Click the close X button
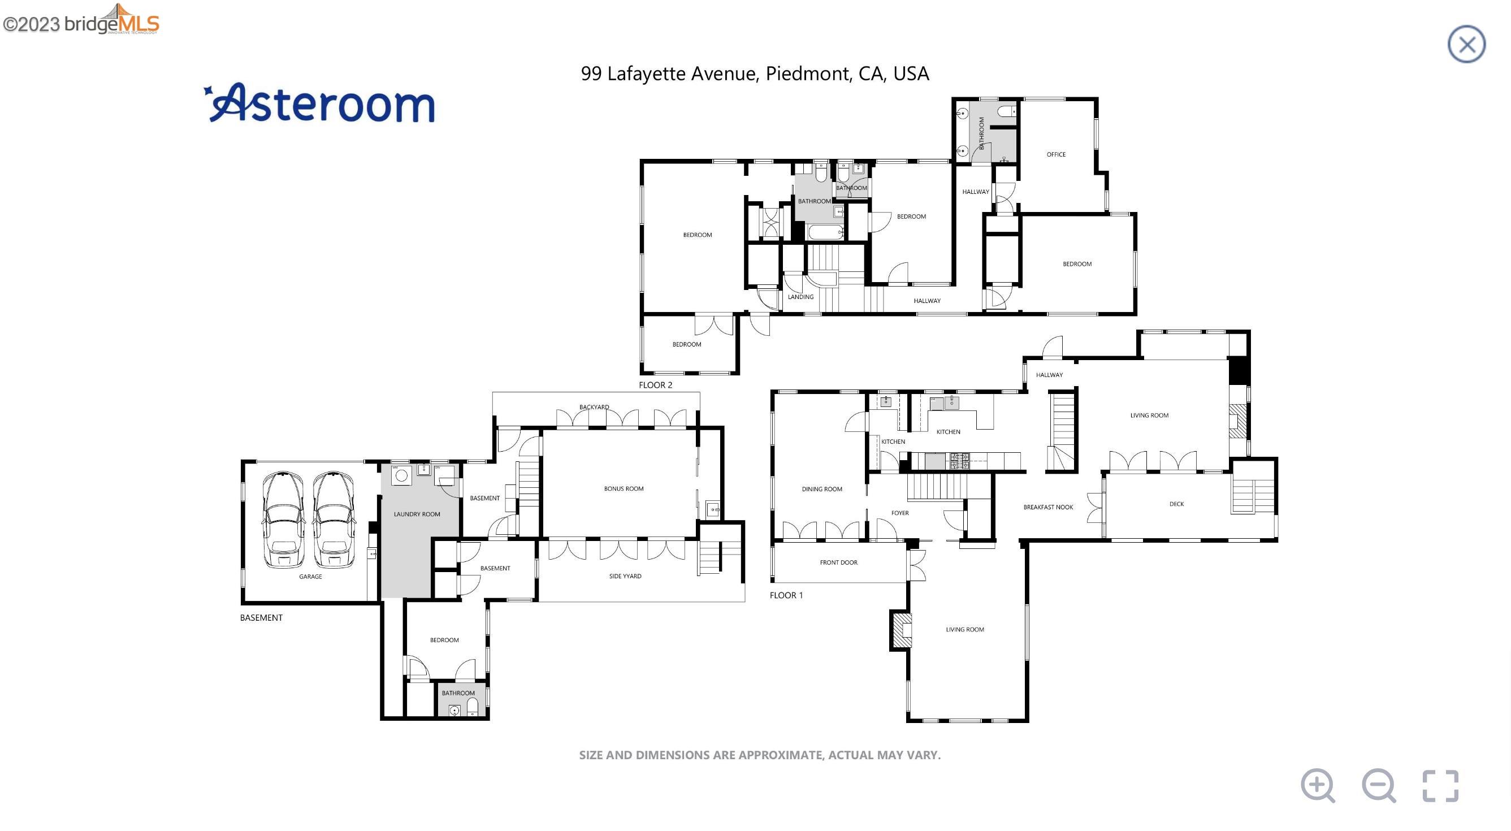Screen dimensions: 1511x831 1466,44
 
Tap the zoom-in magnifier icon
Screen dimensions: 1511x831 1318,785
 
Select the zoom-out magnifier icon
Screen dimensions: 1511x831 1378,785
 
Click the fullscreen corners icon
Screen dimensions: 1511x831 1440,786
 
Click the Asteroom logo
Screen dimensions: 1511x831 319,103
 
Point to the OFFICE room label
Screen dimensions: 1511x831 1056,154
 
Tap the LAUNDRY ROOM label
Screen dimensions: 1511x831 417,514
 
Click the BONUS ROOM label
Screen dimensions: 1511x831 624,488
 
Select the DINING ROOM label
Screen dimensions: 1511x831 822,489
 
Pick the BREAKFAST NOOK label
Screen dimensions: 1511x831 1048,507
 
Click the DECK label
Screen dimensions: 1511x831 1177,504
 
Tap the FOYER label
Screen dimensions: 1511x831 900,513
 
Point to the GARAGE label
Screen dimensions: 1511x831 310,577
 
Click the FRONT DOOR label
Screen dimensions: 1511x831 839,562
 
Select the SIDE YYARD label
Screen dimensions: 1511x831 625,576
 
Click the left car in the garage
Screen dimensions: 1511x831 283,519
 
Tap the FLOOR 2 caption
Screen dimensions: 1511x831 656,385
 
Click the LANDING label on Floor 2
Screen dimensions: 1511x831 800,297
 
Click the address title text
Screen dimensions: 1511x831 755,73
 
